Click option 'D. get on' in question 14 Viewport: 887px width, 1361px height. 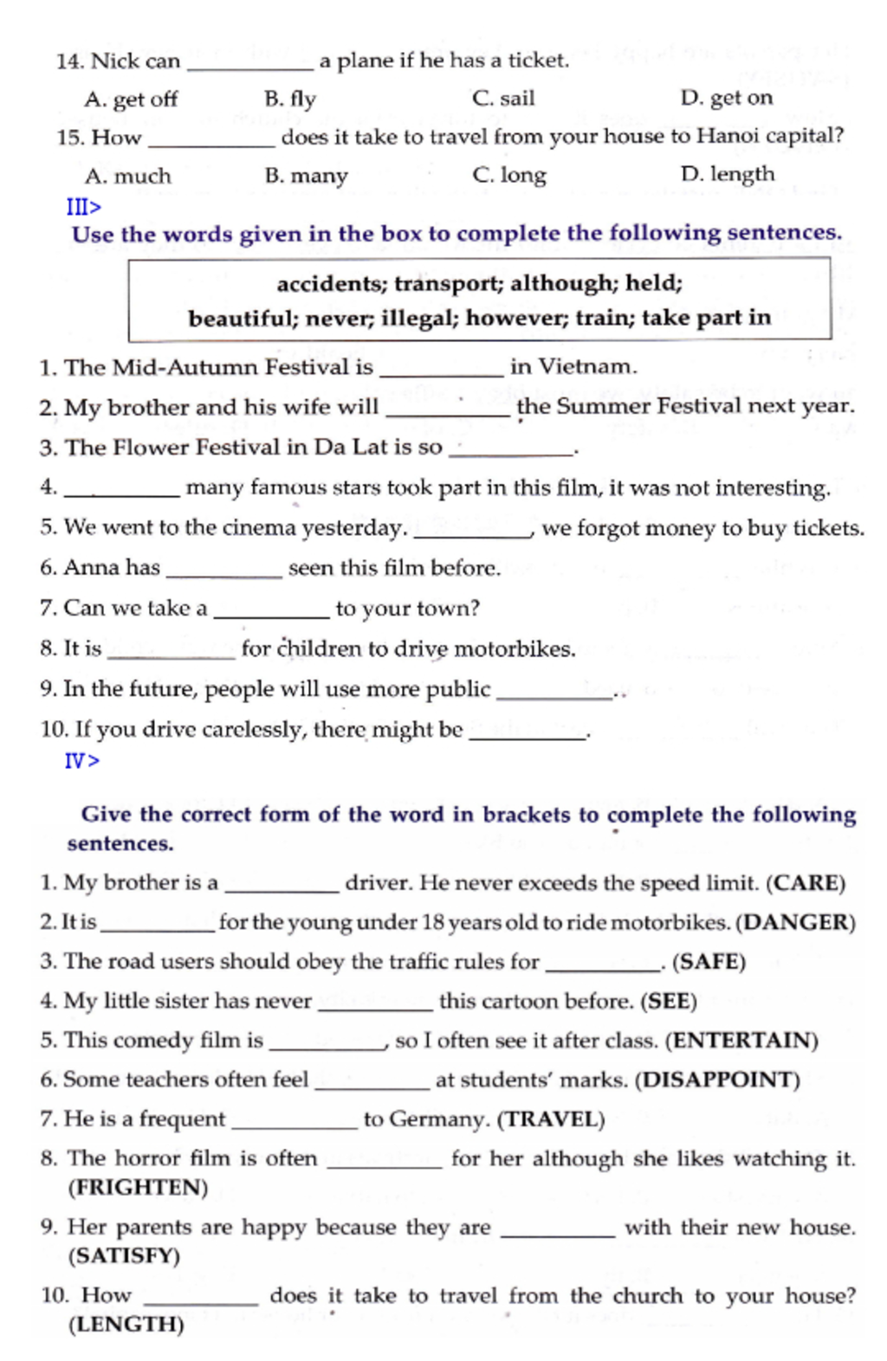[x=726, y=98]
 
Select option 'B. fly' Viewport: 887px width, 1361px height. [x=290, y=99]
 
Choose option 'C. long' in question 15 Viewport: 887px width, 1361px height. [x=509, y=175]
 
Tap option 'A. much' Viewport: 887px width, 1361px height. [x=128, y=177]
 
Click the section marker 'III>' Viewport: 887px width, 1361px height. [x=83, y=207]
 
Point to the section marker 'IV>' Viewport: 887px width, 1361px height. [x=81, y=761]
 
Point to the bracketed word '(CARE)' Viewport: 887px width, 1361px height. [x=806, y=883]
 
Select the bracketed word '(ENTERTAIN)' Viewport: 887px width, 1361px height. [x=741, y=1040]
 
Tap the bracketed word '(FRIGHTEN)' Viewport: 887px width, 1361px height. [x=138, y=1187]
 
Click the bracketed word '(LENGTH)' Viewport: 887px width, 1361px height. [x=126, y=1325]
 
